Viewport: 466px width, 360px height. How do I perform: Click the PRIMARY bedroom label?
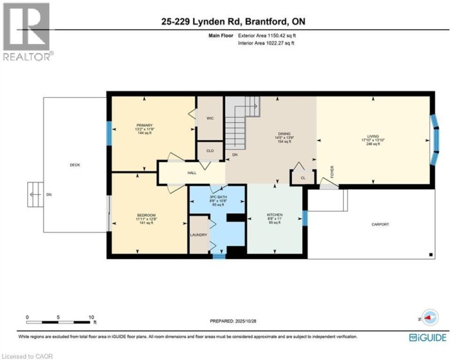tap(144, 125)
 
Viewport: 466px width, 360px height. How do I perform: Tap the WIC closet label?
tap(210, 118)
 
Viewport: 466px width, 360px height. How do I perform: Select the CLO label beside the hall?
tap(210, 151)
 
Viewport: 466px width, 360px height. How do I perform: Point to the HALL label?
tap(192, 173)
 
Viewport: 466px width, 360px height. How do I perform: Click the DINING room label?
tap(280, 133)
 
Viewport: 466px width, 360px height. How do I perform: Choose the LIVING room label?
tap(373, 137)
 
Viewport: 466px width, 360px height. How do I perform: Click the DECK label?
tap(75, 165)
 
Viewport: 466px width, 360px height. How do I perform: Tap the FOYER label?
tap(332, 172)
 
